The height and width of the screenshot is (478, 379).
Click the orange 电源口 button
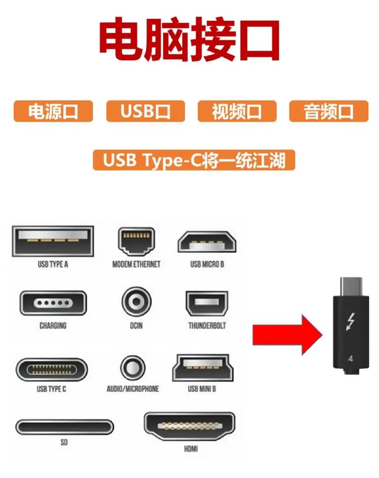tap(53, 111)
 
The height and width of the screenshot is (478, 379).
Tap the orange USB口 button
tap(145, 111)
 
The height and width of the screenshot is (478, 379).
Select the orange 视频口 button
tap(236, 111)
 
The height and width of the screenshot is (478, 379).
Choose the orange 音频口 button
tap(328, 111)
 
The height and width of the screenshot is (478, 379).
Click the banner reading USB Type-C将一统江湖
tap(194, 160)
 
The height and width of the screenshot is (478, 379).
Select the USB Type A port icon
tap(52, 241)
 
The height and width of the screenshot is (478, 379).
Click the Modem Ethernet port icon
tap(136, 241)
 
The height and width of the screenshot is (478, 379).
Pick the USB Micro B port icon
tap(208, 243)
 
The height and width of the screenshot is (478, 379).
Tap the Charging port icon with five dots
tap(53, 303)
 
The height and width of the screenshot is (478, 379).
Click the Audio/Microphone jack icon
tap(133, 368)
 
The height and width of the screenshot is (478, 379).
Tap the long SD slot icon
tap(64, 427)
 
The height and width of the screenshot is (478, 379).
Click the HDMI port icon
tap(190, 427)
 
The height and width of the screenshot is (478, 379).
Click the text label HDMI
tap(190, 448)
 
